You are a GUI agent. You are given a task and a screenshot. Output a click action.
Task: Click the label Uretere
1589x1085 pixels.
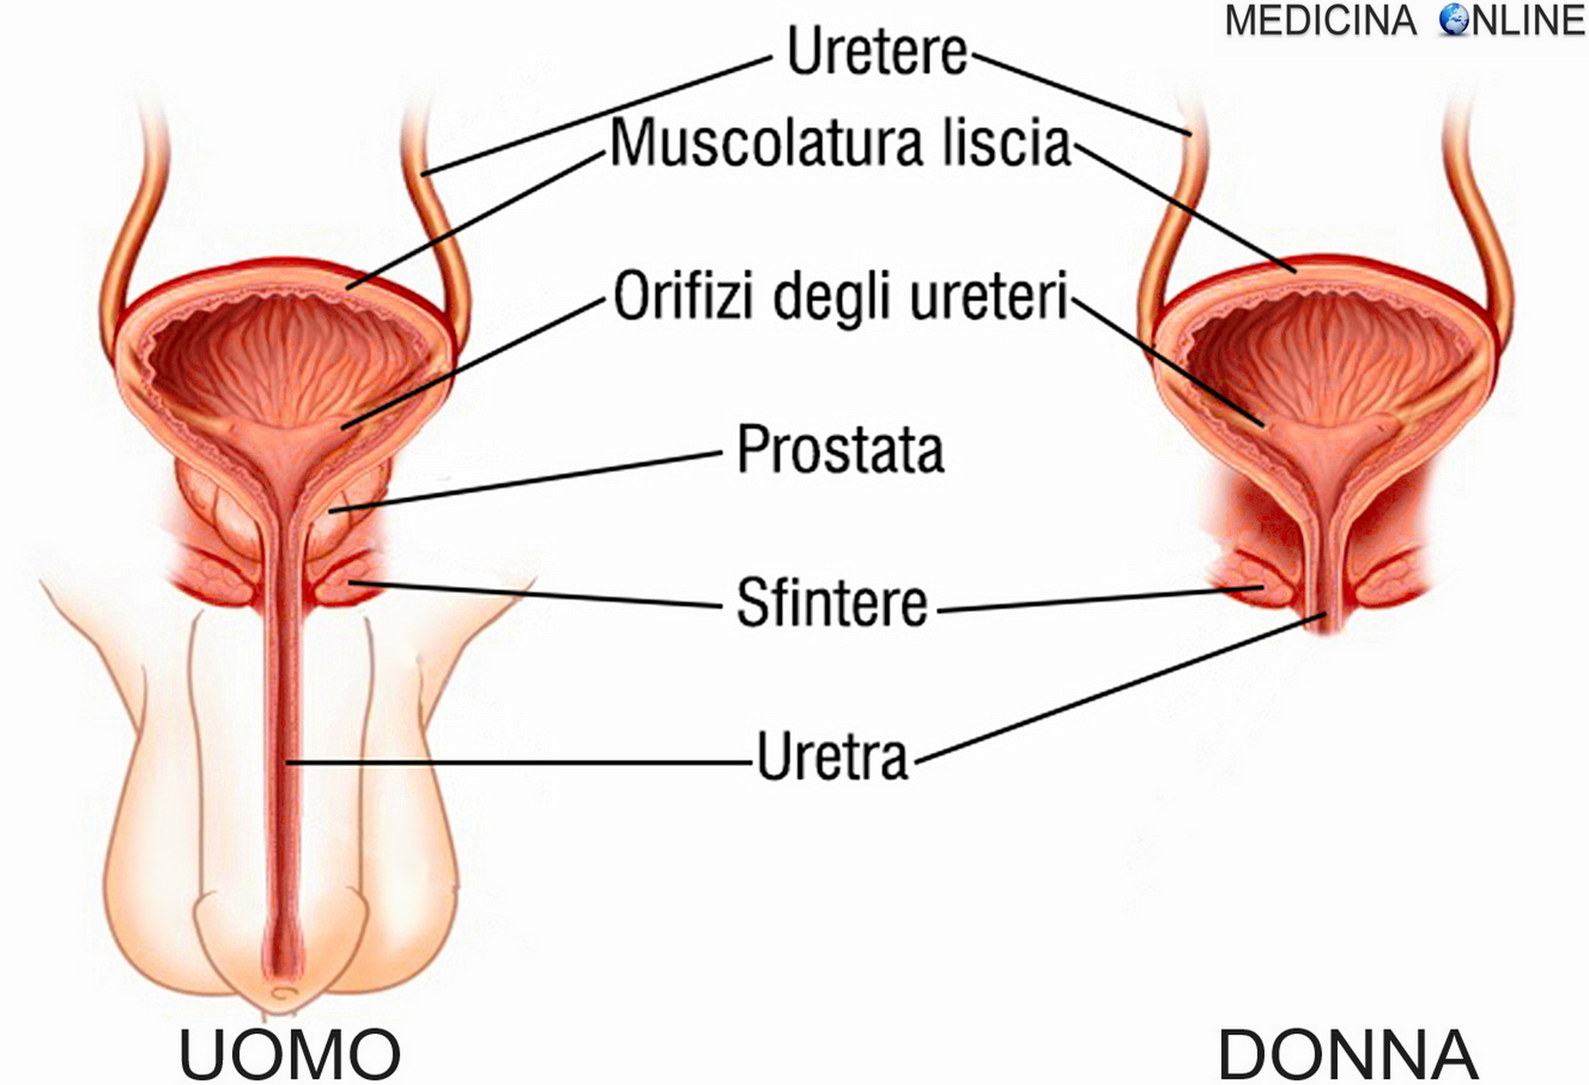coord(877,51)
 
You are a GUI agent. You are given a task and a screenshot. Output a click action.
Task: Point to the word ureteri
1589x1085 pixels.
coord(988,297)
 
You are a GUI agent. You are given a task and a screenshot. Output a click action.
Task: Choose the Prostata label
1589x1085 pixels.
coord(840,449)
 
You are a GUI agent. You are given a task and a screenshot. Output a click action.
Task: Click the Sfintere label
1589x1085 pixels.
coord(831,603)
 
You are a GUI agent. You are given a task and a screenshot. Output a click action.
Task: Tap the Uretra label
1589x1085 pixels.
coord(832,756)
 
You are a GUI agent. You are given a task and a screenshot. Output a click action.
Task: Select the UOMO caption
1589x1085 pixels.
coord(289,1054)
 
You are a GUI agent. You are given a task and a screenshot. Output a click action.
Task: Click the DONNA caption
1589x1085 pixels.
coord(1347,1054)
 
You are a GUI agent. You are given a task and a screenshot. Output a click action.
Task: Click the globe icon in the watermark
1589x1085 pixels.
coord(1454,20)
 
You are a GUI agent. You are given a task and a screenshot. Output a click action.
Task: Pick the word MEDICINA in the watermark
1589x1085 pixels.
coord(1320,20)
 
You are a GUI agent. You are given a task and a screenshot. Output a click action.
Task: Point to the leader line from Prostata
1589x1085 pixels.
coord(526,481)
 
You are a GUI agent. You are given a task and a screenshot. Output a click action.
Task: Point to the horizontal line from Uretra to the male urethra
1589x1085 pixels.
coord(520,761)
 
